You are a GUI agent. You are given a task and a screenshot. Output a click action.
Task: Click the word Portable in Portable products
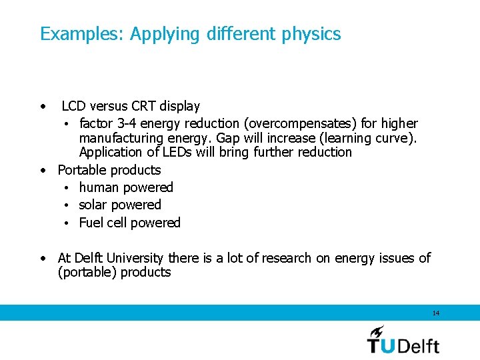click(81, 170)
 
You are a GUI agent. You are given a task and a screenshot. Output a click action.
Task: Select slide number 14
click(436, 313)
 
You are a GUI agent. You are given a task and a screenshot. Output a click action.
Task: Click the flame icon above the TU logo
click(377, 331)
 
